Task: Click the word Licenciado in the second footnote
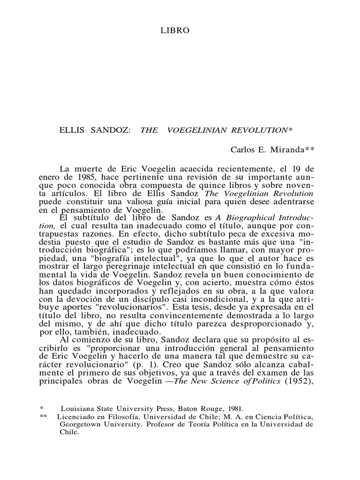75,430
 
